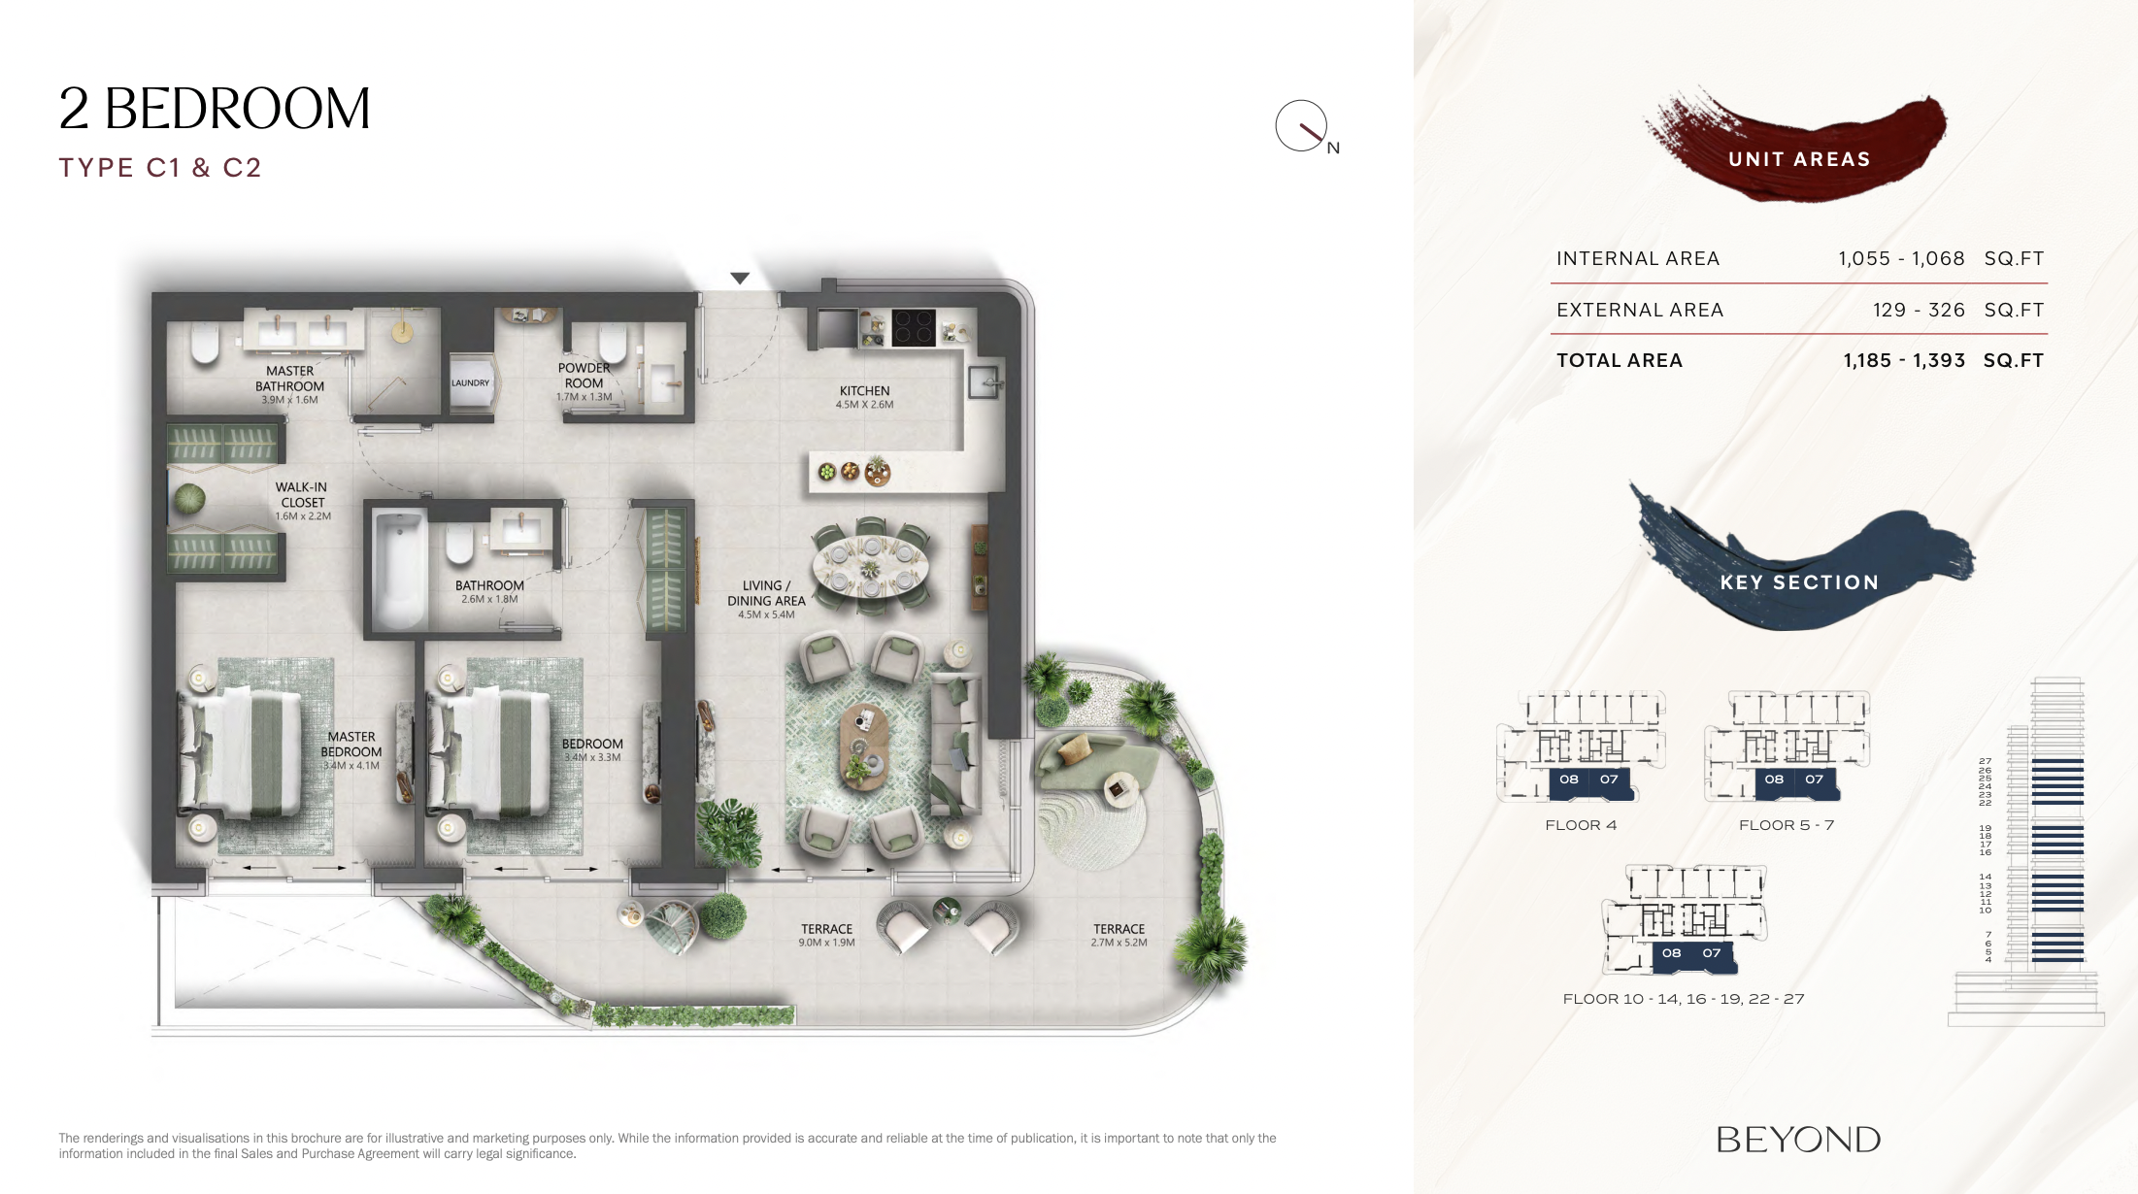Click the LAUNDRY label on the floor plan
[x=470, y=382]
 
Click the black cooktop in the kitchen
[x=913, y=328]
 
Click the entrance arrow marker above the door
[x=740, y=279]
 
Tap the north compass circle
[x=1301, y=125]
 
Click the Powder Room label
[x=585, y=376]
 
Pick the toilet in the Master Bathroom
[x=205, y=342]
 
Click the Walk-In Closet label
[x=302, y=495]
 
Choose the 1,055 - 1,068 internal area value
[x=1901, y=258]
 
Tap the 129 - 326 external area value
[x=1919, y=310]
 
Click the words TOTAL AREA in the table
[x=1620, y=360]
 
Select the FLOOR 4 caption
[x=1581, y=825]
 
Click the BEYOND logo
[x=1798, y=1140]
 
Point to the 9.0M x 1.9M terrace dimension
[x=827, y=943]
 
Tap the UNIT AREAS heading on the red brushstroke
[x=1799, y=159]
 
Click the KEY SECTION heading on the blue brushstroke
[x=1799, y=582]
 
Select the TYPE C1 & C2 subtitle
[x=160, y=168]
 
